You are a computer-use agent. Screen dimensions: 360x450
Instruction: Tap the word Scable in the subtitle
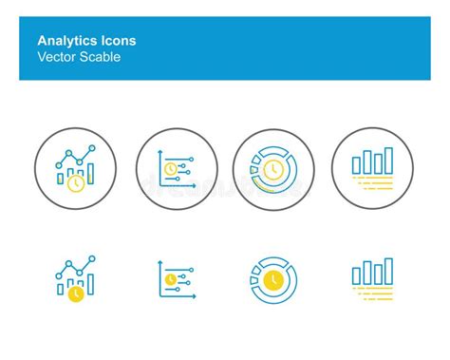(x=101, y=57)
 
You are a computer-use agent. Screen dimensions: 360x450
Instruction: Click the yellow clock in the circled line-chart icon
(x=75, y=184)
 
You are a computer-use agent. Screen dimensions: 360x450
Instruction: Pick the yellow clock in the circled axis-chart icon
(x=170, y=169)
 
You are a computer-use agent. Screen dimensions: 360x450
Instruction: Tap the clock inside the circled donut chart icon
(x=273, y=169)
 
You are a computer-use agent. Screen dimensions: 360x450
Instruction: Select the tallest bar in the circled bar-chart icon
(x=388, y=160)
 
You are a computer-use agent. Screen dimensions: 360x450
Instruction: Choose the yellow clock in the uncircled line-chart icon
(x=75, y=294)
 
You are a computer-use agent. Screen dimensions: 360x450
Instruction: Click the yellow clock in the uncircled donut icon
(x=273, y=279)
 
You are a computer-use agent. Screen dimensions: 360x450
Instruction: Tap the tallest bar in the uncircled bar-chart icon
(x=388, y=271)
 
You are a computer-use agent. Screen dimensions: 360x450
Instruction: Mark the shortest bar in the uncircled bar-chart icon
(x=357, y=276)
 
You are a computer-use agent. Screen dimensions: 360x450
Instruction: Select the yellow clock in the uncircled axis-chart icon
(x=170, y=280)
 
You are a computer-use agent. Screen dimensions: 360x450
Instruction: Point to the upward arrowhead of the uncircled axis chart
(x=160, y=263)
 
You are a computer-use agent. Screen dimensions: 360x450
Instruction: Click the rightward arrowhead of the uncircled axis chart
(x=194, y=297)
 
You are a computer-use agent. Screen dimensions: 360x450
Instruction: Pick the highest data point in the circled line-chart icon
(x=92, y=149)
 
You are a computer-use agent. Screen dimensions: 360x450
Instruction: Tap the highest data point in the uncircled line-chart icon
(x=92, y=259)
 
